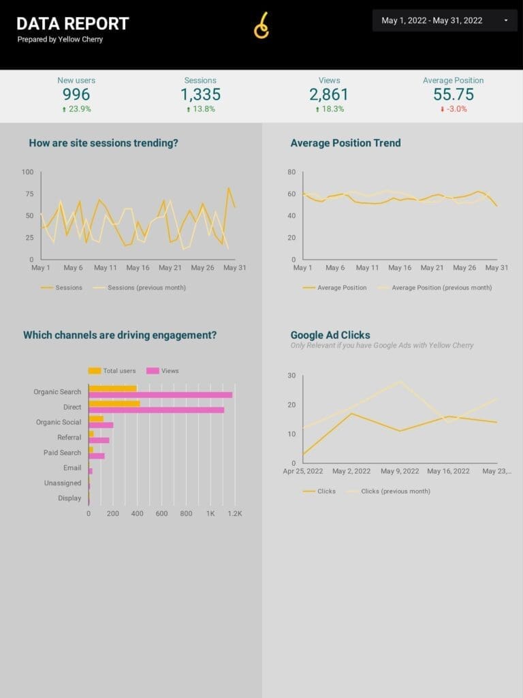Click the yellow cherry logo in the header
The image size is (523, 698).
pyautogui.click(x=262, y=26)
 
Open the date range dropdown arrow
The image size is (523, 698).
pyautogui.click(x=506, y=20)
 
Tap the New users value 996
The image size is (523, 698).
pyautogui.click(x=76, y=94)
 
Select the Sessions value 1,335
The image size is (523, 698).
pyautogui.click(x=201, y=94)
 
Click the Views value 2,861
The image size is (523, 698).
pyautogui.click(x=329, y=94)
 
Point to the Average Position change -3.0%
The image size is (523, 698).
pyautogui.click(x=454, y=109)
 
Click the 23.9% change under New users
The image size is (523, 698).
pyautogui.click(x=76, y=109)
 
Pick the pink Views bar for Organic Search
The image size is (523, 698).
pyautogui.click(x=161, y=395)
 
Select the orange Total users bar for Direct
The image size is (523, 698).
pyautogui.click(x=114, y=404)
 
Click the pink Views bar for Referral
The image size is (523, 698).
pyautogui.click(x=99, y=440)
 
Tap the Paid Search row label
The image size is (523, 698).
pyautogui.click(x=62, y=453)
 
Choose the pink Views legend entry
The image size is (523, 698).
pyautogui.click(x=163, y=371)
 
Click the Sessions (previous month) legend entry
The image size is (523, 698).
pyautogui.click(x=139, y=288)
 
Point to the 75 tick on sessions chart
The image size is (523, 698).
pyautogui.click(x=29, y=194)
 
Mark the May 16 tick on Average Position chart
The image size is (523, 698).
pyautogui.click(x=400, y=267)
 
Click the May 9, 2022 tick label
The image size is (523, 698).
pyautogui.click(x=400, y=471)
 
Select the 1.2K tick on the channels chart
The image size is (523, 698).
pyautogui.click(x=235, y=514)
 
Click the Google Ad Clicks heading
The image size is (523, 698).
pyautogui.click(x=330, y=335)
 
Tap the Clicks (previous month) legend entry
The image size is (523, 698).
pyautogui.click(x=389, y=491)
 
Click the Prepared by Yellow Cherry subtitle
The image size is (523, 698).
pyautogui.click(x=60, y=39)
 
